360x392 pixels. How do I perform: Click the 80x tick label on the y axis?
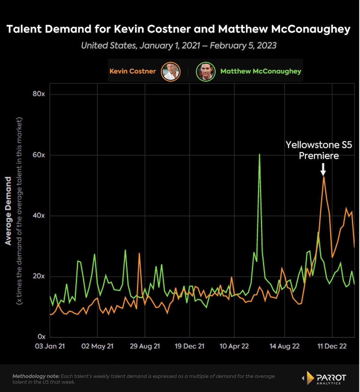click(x=39, y=94)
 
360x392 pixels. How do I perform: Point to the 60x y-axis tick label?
click(x=39, y=155)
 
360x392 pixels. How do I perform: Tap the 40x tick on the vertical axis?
click(x=39, y=215)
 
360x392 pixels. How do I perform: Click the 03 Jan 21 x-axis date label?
click(x=50, y=346)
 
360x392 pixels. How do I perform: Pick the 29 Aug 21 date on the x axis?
click(x=145, y=346)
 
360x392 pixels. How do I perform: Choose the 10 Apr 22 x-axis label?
click(x=234, y=346)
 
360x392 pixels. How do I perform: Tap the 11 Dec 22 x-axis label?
click(x=332, y=346)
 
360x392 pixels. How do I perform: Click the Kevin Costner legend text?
click(x=133, y=71)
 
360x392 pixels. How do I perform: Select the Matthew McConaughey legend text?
click(x=261, y=71)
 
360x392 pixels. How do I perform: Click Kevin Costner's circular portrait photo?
click(x=171, y=72)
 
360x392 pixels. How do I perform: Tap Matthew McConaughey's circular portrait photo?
click(x=205, y=72)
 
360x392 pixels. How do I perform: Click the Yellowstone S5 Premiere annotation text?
click(x=319, y=150)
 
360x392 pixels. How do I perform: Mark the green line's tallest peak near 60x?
click(x=259, y=154)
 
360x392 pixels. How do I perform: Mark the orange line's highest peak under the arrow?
click(x=324, y=177)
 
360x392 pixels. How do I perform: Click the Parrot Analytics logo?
click(x=325, y=378)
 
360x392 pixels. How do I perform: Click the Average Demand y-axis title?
click(x=8, y=211)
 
